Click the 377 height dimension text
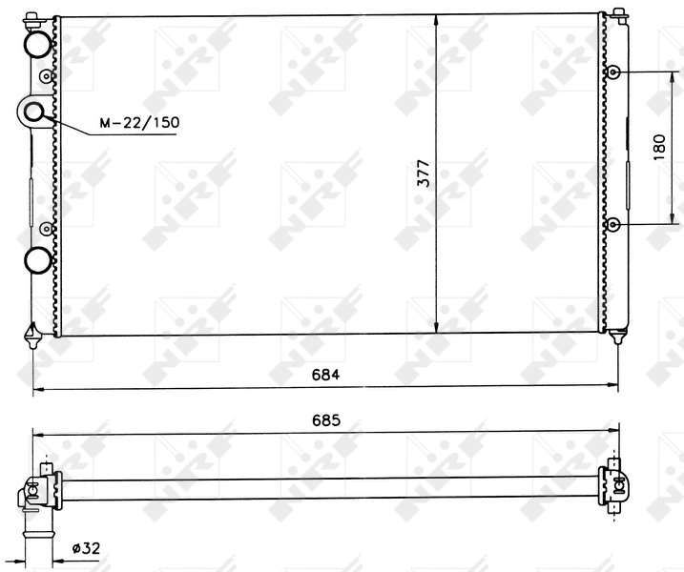click(x=425, y=173)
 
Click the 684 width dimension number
click(x=326, y=375)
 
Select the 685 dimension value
click(x=326, y=420)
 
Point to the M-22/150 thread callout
click(x=139, y=123)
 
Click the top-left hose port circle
click(x=36, y=43)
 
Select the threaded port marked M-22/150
click(x=34, y=112)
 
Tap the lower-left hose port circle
click(x=36, y=258)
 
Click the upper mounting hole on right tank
click(x=615, y=72)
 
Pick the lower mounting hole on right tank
click(x=615, y=224)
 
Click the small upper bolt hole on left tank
click(x=46, y=75)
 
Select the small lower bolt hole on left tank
click(x=46, y=228)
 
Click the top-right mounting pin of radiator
click(x=618, y=13)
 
